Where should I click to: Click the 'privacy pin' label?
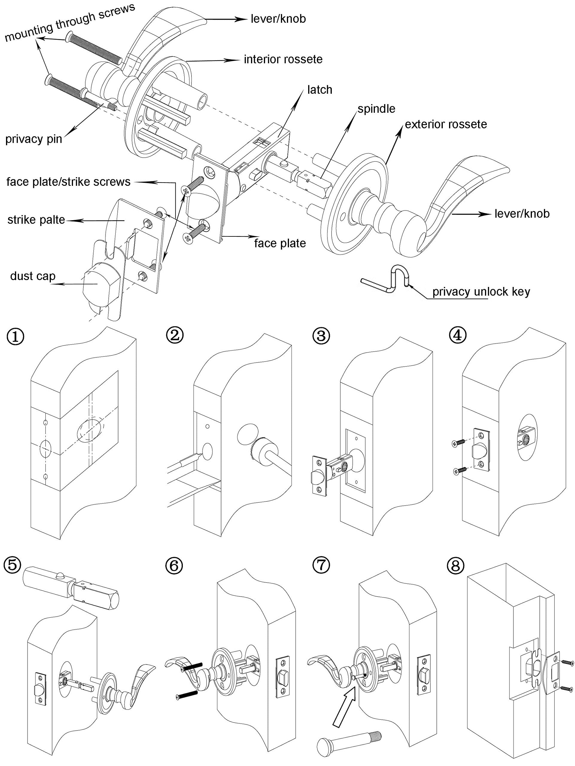click(34, 139)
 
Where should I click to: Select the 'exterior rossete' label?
click(446, 124)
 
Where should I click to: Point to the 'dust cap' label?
click(33, 276)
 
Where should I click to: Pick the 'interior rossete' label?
click(283, 59)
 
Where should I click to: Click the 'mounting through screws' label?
click(69, 22)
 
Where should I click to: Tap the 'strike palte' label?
click(36, 220)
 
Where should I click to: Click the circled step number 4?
click(458, 335)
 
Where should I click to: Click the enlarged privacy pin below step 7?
click(349, 740)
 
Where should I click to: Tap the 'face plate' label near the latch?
click(280, 244)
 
